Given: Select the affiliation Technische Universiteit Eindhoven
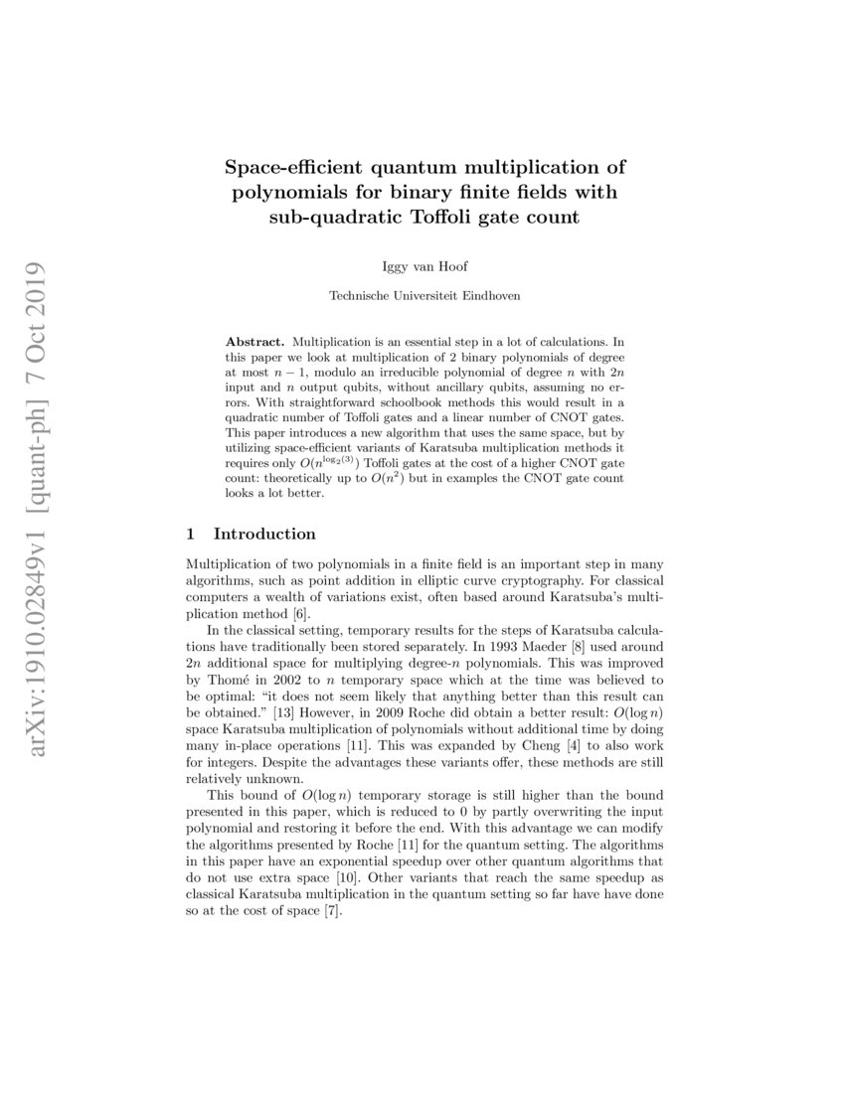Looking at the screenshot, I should click(x=424, y=295).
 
